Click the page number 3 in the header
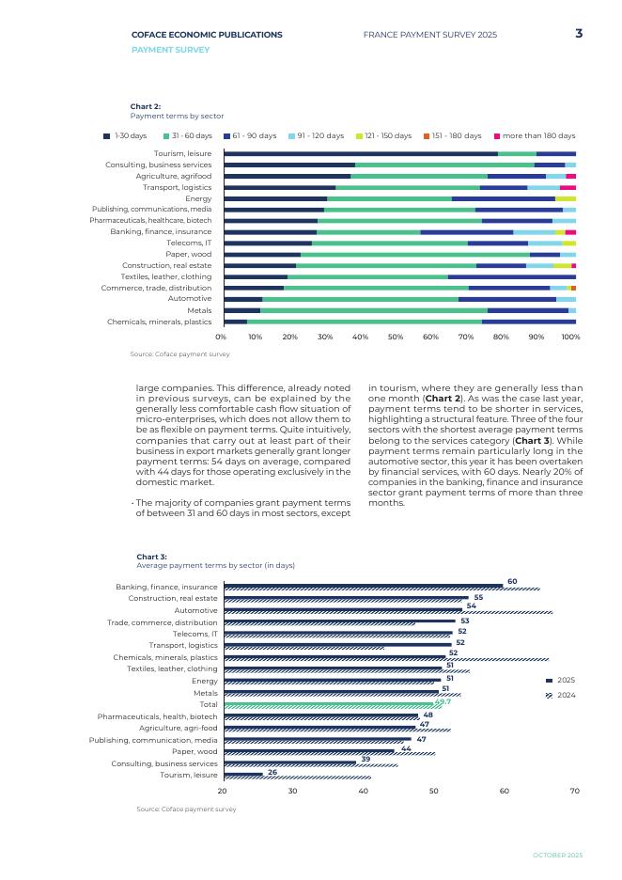click(579, 34)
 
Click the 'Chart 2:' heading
click(146, 106)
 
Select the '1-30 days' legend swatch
click(107, 136)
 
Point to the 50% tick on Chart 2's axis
click(396, 336)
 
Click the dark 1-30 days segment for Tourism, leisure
click(361, 153)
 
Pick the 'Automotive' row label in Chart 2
click(190, 299)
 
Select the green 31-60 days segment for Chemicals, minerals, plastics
click(365, 322)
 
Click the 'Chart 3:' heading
click(151, 557)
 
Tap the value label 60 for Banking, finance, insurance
click(512, 581)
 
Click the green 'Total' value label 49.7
click(443, 701)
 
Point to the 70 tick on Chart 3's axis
click(575, 791)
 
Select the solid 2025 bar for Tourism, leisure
click(242, 774)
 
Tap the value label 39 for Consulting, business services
click(365, 759)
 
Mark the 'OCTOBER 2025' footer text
click(557, 855)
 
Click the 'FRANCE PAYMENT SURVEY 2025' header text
click(429, 35)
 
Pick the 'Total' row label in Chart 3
click(209, 704)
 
